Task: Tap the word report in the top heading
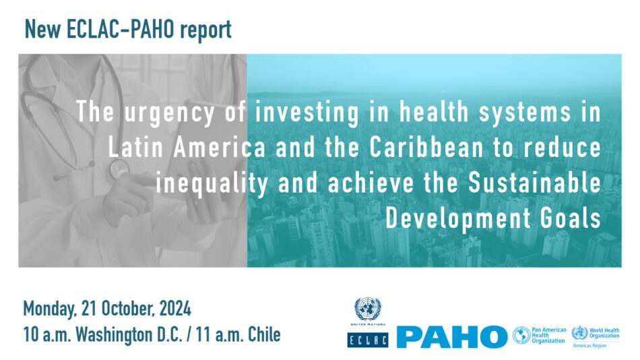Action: pos(205,30)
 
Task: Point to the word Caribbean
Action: pos(426,148)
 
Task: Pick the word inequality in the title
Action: pos(212,184)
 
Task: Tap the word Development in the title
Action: pos(458,218)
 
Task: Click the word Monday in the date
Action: pos(49,309)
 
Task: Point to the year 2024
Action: pos(175,309)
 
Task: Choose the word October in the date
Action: pos(128,309)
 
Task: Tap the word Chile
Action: pos(265,334)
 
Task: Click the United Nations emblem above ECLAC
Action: pos(367,309)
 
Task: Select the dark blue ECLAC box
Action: pos(368,340)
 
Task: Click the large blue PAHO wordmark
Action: pos(452,337)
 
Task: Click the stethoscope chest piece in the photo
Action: pos(119,169)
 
